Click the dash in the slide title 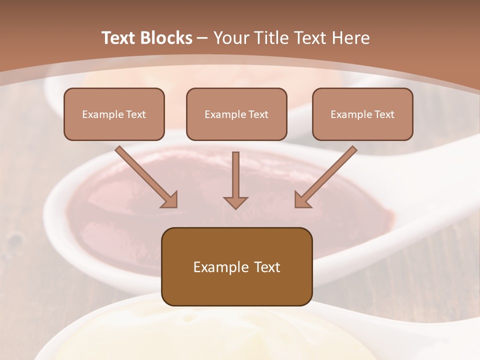[202, 38]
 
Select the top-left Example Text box [114, 114]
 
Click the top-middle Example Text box [236, 114]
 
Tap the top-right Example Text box [362, 114]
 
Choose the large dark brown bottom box [236, 266]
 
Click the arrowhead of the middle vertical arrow [235, 202]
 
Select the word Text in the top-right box [384, 114]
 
